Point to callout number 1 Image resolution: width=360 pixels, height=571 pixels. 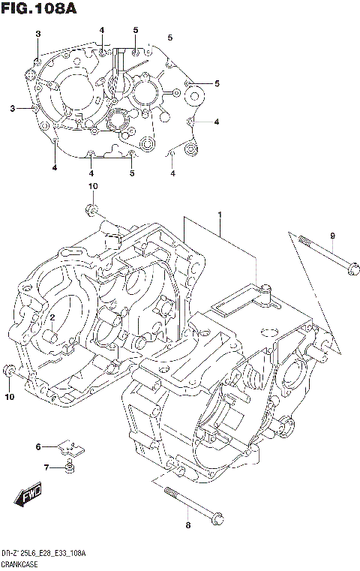220,216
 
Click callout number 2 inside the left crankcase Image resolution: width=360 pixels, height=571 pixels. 52,318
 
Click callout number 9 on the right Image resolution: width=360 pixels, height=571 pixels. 331,237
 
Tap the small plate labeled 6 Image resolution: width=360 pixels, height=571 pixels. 72,448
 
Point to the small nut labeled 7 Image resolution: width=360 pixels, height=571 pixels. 70,468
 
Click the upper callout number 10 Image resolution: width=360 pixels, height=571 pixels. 92,186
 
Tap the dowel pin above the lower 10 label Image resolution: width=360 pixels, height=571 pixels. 9,370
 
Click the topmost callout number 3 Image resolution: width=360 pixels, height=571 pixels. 38,34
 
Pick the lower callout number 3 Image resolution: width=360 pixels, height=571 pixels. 13,110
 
